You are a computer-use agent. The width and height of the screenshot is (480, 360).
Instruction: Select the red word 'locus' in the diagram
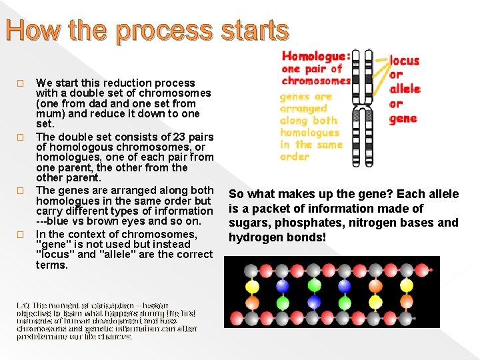(404, 61)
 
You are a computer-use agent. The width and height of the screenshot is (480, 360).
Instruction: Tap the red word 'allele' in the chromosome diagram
(404, 89)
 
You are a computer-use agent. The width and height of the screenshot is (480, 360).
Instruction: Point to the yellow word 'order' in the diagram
(295, 157)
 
